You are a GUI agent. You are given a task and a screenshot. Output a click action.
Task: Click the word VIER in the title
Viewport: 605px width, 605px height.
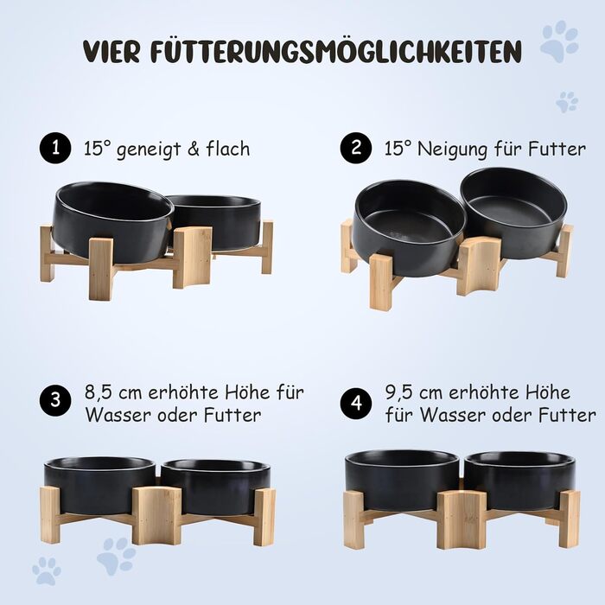111,51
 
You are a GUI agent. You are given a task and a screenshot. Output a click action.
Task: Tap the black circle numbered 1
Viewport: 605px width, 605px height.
55,148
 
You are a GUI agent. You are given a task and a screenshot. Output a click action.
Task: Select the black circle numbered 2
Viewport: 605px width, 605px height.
356,148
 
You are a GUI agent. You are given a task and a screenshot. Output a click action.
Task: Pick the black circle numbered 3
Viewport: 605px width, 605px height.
55,400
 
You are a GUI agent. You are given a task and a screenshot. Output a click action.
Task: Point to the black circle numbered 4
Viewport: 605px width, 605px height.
356,404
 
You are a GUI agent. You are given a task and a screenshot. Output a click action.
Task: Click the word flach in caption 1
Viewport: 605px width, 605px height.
228,149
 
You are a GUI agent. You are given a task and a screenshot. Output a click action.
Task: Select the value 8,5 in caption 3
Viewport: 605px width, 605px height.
99,392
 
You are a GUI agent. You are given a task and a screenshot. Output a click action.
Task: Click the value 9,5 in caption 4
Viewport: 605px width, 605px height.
399,392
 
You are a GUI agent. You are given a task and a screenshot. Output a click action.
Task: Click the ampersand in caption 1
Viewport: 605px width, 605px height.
193,149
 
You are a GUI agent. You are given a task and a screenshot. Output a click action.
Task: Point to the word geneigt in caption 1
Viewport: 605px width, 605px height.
149,150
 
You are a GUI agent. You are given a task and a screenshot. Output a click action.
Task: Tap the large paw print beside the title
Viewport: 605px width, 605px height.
559,41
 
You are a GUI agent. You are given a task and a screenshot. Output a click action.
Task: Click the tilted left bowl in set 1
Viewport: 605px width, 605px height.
112,220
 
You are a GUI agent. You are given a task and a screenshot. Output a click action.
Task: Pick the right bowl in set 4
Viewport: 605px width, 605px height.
519,480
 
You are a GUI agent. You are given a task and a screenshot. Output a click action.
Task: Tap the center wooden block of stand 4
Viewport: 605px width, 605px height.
462,519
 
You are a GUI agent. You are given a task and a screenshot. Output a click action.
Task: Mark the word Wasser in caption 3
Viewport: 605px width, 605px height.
118,415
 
